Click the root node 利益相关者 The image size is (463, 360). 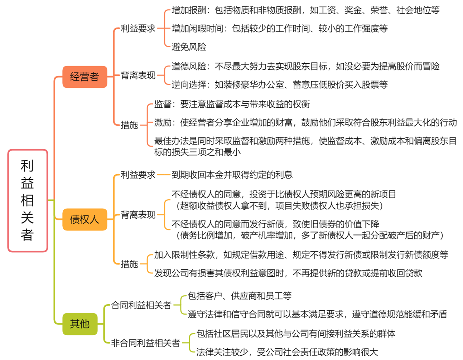(28, 200)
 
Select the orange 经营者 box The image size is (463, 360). (85, 77)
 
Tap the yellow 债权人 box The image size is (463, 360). (85, 219)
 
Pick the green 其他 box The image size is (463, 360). (80, 324)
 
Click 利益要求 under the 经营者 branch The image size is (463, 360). (138, 28)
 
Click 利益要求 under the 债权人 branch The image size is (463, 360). (138, 175)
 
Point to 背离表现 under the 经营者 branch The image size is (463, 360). (138, 75)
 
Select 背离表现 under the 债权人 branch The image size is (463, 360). (138, 215)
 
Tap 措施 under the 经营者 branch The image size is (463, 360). (130, 125)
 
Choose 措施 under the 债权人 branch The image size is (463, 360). (130, 264)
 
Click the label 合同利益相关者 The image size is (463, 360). (141, 305)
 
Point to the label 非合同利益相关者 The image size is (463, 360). (145, 343)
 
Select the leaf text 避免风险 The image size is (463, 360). (189, 47)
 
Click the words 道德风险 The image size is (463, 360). (189, 66)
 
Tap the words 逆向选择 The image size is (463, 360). (189, 84)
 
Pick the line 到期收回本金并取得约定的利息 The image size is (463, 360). (232, 175)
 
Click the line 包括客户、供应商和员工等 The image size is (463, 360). (240, 296)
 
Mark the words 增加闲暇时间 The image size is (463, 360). (198, 29)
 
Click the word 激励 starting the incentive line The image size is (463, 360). (163, 122)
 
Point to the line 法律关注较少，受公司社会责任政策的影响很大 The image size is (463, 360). (287, 352)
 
